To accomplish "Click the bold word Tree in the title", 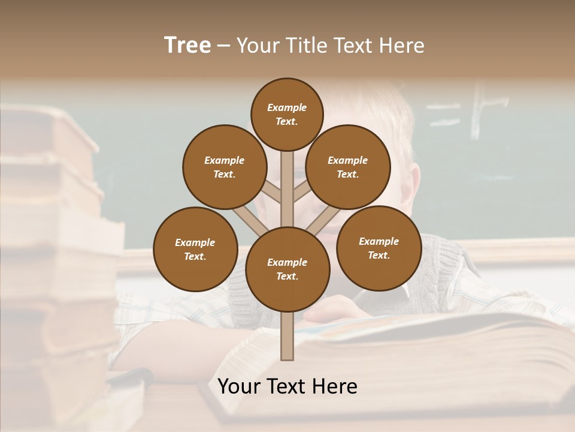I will (187, 46).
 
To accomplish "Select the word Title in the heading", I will (306, 46).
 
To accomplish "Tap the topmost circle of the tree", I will (287, 114).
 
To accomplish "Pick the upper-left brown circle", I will (225, 167).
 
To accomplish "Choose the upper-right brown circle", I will (348, 167).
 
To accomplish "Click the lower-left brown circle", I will (195, 249).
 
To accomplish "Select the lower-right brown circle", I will (379, 248).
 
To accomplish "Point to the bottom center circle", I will (287, 269).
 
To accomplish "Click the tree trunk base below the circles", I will (287, 336).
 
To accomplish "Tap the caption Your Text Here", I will (287, 386).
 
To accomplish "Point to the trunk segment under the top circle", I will (287, 180).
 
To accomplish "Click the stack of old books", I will (54, 252).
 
